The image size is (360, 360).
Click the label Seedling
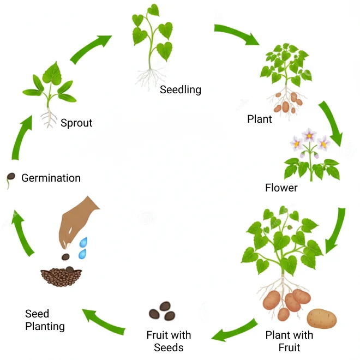pyautogui.click(x=180, y=89)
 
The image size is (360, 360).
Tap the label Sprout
pyautogui.click(x=76, y=123)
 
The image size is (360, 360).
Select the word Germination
pyautogui.click(x=51, y=178)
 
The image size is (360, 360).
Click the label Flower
pyautogui.click(x=281, y=188)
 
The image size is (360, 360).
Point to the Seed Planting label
pyautogui.click(x=45, y=320)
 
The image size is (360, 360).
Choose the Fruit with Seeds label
pyautogui.click(x=169, y=341)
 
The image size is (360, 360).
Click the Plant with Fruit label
pyautogui.click(x=289, y=341)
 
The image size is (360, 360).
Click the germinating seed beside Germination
pyautogui.click(x=10, y=178)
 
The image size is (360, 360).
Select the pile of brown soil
pyautogui.click(x=61, y=277)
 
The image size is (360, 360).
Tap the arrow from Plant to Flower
pyautogui.click(x=331, y=123)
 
